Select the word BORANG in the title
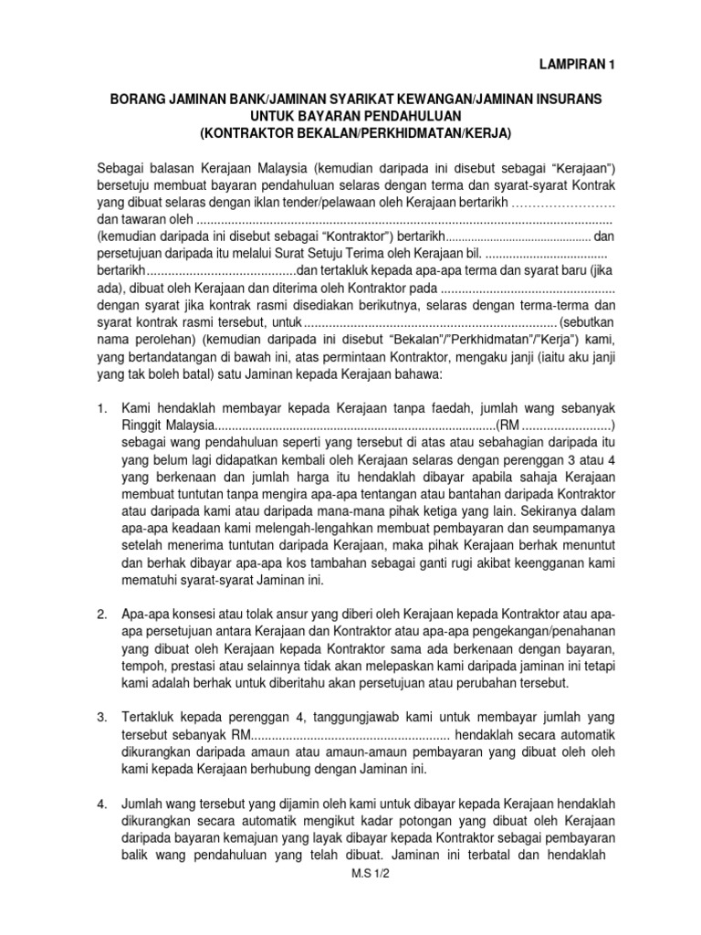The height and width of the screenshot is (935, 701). click(x=136, y=98)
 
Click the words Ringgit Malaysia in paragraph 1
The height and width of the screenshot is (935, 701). click(x=166, y=425)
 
